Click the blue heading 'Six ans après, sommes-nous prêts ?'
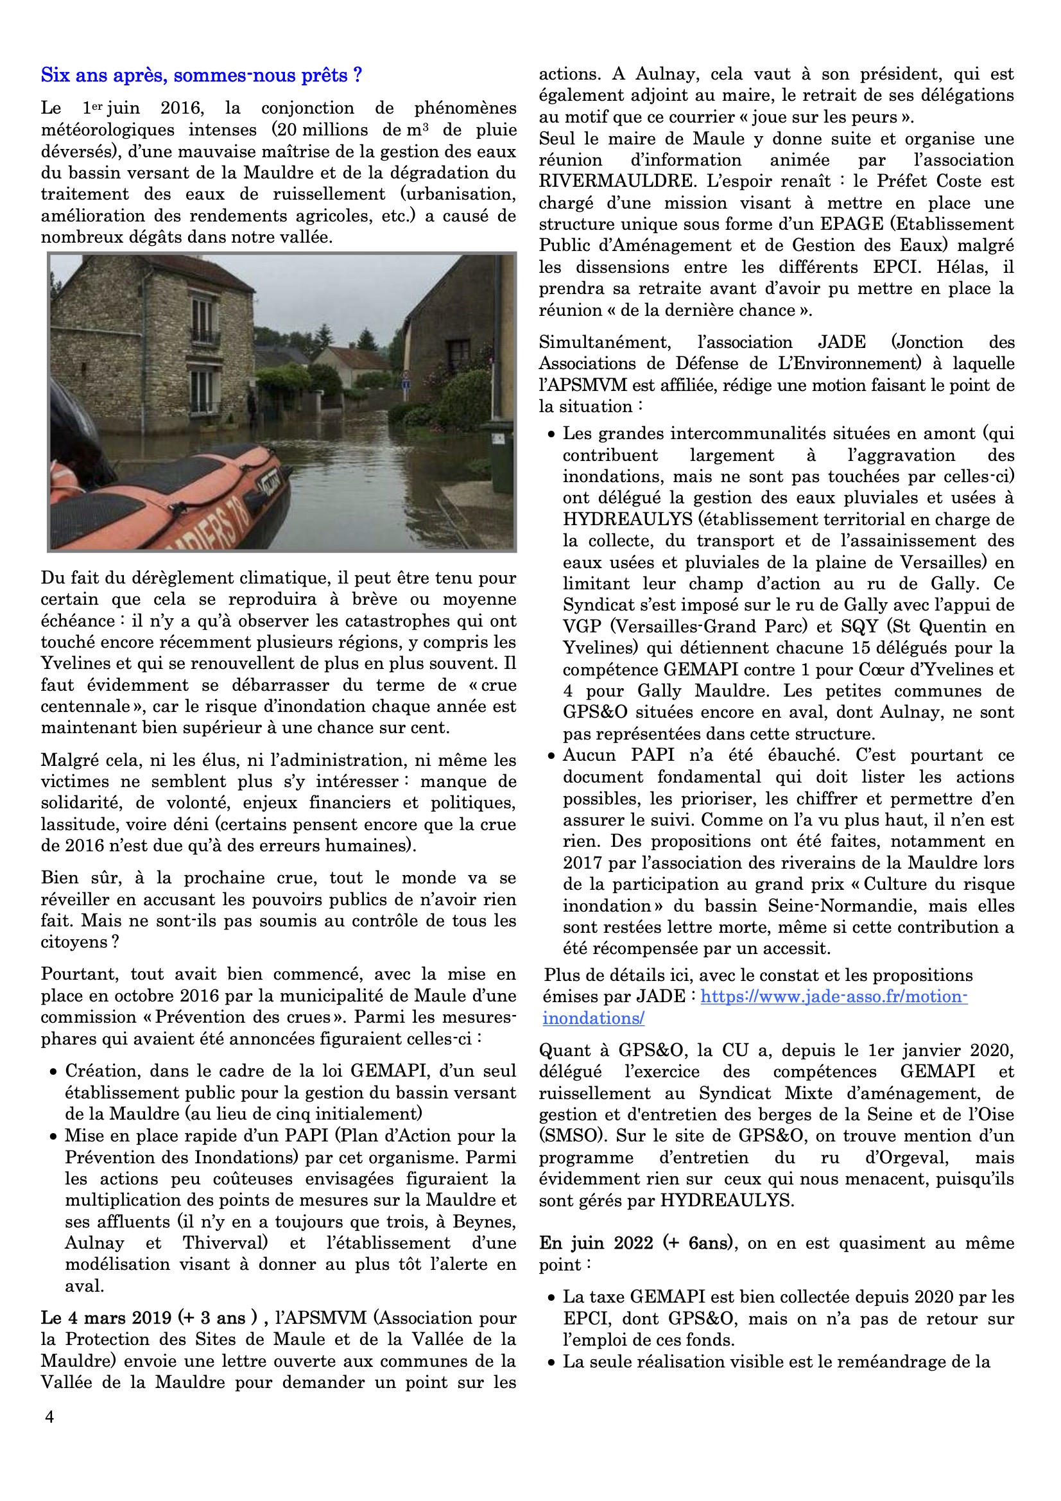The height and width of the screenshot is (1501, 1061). tap(202, 76)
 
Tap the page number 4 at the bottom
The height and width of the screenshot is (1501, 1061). tap(49, 1417)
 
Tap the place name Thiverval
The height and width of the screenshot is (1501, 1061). tap(225, 1243)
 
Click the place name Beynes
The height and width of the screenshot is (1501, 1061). tap(484, 1221)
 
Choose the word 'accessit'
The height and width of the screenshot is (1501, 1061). tap(789, 948)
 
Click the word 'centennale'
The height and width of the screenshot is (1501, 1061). tap(85, 707)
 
